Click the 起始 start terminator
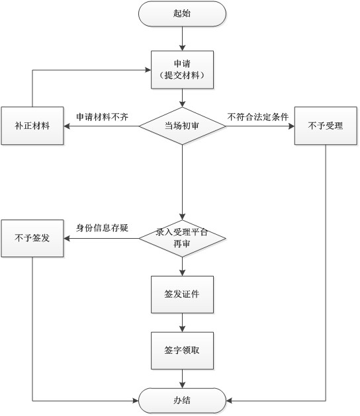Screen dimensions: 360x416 [x=182, y=13]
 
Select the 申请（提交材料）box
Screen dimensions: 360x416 [x=182, y=70]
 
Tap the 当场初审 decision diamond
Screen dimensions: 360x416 [x=182, y=126]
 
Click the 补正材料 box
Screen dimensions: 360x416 [x=32, y=126]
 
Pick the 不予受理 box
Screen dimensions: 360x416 [x=326, y=126]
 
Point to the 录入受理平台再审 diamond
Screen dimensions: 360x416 [x=182, y=238]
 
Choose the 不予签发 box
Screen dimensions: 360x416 [x=32, y=238]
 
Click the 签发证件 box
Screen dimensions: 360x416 [x=182, y=294]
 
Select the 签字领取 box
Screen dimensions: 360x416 [x=182, y=351]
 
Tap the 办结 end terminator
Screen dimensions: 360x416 [x=182, y=401]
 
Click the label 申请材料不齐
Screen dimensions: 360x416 [x=102, y=117]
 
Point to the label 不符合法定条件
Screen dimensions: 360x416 [x=258, y=117]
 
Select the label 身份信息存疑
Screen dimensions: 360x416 [x=102, y=228]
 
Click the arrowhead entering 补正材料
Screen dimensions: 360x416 [x=67, y=126]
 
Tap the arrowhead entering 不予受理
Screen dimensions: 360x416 [x=291, y=126]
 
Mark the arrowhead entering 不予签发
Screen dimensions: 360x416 [x=67, y=239]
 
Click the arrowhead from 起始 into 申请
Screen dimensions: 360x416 [x=182, y=48]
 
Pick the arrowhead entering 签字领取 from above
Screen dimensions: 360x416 [x=182, y=329]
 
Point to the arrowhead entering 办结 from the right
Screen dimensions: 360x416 [x=229, y=401]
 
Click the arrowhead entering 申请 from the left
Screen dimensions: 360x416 [x=148, y=70]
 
